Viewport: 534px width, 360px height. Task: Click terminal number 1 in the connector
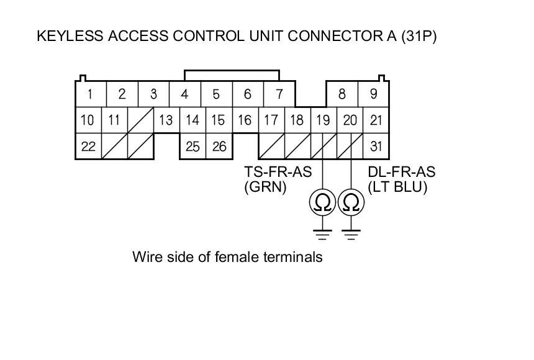click(91, 94)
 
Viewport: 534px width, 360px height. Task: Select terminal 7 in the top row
click(279, 94)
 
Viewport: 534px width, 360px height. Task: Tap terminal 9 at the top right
click(373, 94)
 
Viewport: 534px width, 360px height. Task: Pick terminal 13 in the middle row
click(166, 120)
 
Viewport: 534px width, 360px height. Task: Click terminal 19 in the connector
click(323, 120)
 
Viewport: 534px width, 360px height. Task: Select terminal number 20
click(350, 120)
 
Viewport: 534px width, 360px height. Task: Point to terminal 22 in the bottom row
click(88, 146)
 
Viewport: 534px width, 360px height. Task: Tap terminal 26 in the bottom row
click(219, 146)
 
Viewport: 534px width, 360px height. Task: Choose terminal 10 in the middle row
click(88, 120)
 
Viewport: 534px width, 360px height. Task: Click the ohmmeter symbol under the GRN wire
click(323, 202)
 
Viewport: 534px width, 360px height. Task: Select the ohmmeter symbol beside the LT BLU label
click(351, 202)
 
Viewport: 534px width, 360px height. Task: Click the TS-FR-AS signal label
click(278, 173)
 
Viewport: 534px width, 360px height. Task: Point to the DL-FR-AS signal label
click(401, 173)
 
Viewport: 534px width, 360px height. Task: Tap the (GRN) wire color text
click(265, 187)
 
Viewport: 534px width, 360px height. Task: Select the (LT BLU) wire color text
click(398, 187)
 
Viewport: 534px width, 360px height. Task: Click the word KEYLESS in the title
click(68, 36)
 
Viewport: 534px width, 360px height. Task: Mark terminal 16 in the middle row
click(245, 120)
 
